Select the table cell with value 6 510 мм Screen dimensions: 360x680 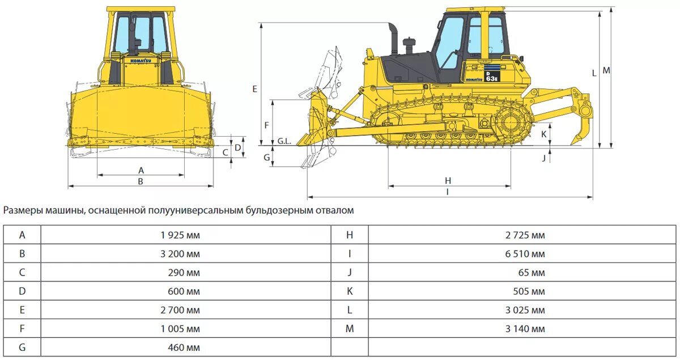pos(525,254)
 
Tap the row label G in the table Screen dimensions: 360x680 pos(22,348)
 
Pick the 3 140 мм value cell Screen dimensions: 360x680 pos(525,329)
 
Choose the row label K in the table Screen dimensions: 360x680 pos(350,291)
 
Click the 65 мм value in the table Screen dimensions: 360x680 pos(531,273)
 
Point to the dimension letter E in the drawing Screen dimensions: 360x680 pos(254,89)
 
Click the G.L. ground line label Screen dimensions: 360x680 pos(284,141)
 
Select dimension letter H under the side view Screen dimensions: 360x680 pos(448,181)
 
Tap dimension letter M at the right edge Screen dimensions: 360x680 pos(606,70)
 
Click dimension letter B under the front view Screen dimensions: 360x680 pos(141,181)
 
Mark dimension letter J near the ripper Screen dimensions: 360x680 pos(543,158)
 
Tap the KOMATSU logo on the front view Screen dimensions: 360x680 pos(141,60)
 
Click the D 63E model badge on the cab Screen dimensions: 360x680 pos(491,76)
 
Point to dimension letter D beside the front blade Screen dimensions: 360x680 pos(238,147)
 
